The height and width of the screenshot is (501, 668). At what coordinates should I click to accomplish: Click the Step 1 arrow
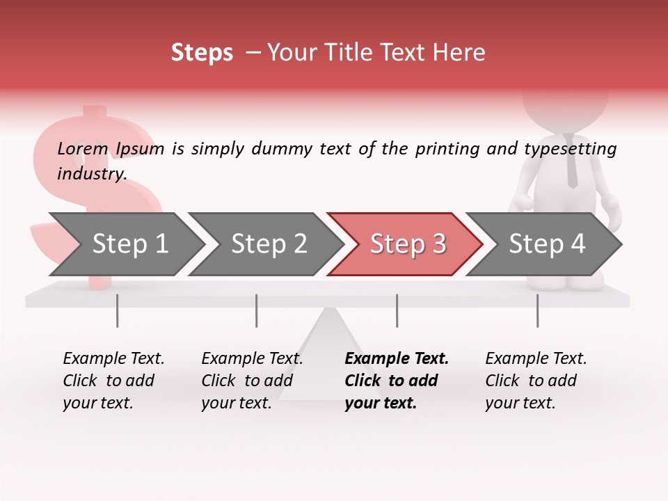(129, 244)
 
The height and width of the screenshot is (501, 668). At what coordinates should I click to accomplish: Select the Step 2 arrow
(268, 244)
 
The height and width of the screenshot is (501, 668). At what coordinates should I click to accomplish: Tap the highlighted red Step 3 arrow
(407, 244)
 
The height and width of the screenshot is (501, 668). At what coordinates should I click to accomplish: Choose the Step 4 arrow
(546, 244)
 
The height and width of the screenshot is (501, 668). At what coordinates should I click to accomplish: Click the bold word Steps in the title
(202, 53)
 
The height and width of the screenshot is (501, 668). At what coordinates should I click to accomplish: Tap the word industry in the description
(91, 173)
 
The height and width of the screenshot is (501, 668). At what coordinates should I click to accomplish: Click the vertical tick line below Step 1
(118, 310)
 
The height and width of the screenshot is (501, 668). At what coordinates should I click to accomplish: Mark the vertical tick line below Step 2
(257, 310)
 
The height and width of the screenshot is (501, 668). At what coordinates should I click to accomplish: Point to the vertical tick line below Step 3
(397, 310)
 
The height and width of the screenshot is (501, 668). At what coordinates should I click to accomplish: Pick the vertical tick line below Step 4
(537, 310)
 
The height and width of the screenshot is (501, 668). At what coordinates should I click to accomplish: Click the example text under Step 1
(113, 381)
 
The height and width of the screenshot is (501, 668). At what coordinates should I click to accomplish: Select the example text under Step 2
(252, 381)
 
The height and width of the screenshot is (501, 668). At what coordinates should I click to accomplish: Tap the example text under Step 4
(536, 381)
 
